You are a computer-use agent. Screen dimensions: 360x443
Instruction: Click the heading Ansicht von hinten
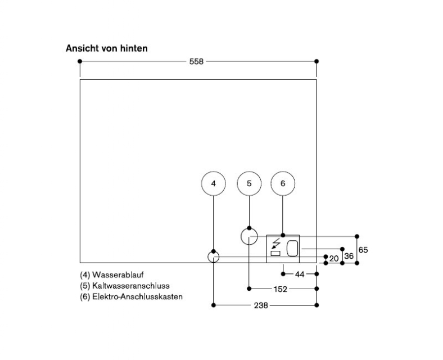107,48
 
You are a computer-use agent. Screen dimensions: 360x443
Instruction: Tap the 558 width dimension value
196,61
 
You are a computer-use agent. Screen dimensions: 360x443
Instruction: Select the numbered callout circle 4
213,183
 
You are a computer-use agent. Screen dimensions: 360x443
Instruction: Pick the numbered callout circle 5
249,183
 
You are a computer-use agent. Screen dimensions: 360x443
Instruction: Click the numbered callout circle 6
283,183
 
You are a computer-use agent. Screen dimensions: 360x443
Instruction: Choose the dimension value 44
300,274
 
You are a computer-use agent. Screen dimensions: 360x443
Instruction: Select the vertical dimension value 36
349,255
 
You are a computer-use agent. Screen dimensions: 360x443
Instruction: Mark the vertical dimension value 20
334,258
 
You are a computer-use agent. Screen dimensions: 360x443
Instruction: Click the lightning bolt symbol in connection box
275,244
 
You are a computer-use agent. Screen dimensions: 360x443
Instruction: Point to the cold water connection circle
249,236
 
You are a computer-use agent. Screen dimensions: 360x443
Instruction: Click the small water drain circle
213,257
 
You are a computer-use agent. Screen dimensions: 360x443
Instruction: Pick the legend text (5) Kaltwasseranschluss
124,286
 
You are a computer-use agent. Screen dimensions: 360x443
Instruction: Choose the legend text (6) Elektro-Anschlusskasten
131,296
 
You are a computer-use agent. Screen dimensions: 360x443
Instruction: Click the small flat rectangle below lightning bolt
275,254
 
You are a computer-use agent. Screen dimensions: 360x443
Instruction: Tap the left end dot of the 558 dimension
80,61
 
